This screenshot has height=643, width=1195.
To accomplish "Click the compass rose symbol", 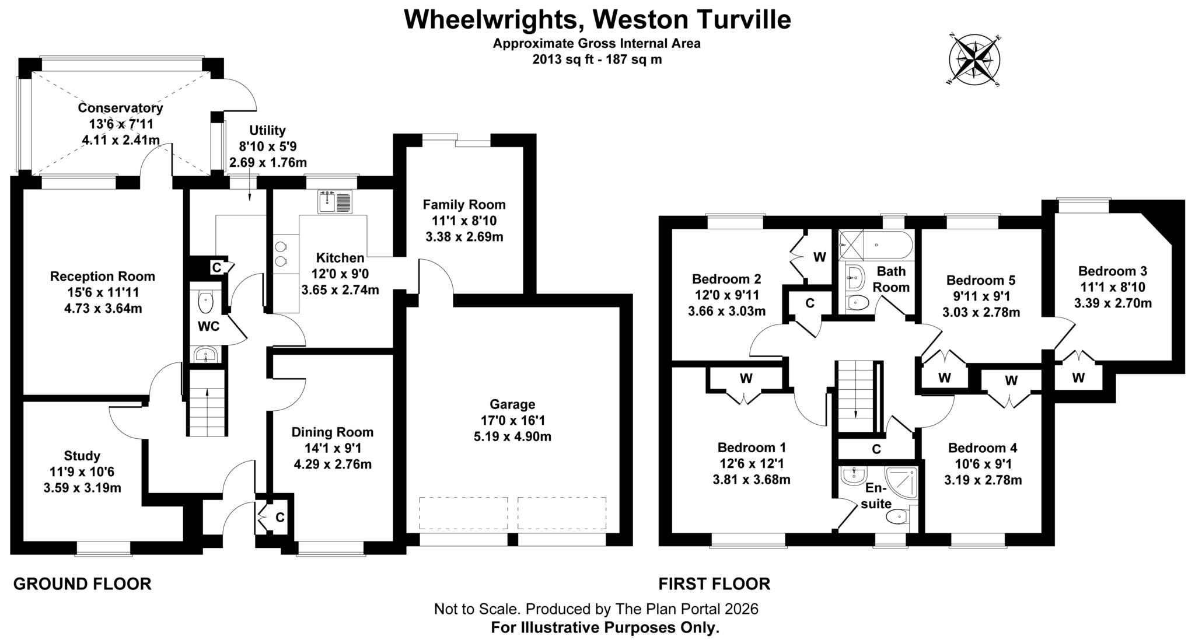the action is click(x=974, y=61).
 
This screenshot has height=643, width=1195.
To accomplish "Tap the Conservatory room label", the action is click(x=120, y=108).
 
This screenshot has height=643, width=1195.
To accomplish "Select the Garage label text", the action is click(x=512, y=404).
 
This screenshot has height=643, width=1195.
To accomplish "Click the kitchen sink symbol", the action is click(x=336, y=202).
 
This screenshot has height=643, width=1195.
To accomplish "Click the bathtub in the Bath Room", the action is click(x=875, y=246).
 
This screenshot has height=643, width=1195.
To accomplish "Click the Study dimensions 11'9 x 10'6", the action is click(x=82, y=471).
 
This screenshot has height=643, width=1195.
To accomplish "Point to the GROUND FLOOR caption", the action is click(x=82, y=583).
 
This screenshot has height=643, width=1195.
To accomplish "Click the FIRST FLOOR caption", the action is click(x=714, y=583).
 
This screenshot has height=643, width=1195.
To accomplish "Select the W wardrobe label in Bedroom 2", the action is click(x=820, y=257).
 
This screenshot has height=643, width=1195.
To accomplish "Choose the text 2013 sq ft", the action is click(x=558, y=59).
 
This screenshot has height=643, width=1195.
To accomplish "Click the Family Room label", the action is click(x=464, y=205).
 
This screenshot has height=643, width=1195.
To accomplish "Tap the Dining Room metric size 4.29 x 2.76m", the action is click(x=333, y=464).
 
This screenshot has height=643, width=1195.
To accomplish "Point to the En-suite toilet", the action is click(x=897, y=516).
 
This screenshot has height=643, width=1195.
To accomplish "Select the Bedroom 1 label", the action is click(x=752, y=448).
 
